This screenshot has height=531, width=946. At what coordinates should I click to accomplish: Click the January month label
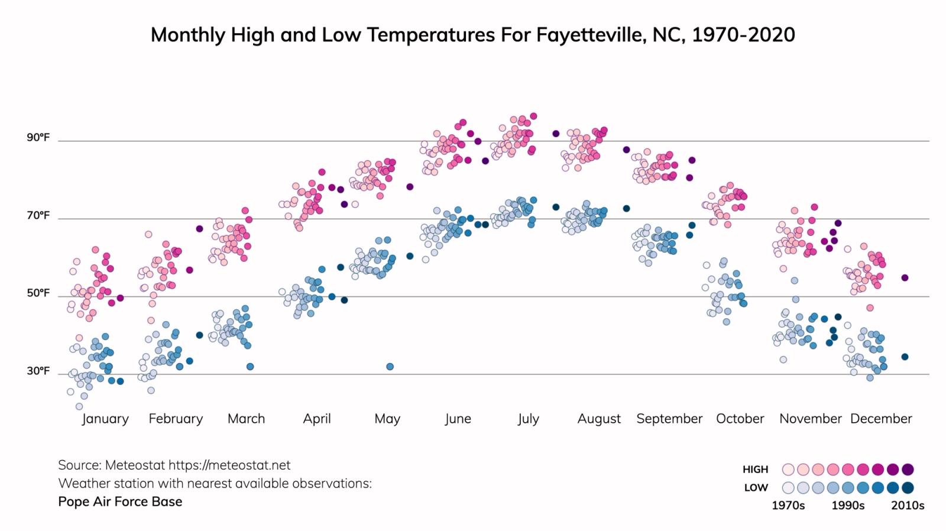pyautogui.click(x=105, y=419)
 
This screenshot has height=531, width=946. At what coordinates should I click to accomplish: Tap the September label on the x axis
pyautogui.click(x=669, y=419)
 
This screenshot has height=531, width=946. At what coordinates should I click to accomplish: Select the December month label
pyautogui.click(x=881, y=419)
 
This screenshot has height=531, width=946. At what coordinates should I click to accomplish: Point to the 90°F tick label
pyautogui.click(x=38, y=138)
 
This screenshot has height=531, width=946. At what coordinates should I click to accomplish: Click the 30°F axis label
pyautogui.click(x=38, y=371)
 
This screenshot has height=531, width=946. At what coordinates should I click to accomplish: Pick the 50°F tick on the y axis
pyautogui.click(x=38, y=294)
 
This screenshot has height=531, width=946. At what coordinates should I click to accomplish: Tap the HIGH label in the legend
pyautogui.click(x=755, y=470)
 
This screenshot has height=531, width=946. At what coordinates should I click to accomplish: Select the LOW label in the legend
pyautogui.click(x=756, y=488)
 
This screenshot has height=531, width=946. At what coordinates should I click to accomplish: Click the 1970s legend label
pyautogui.click(x=788, y=506)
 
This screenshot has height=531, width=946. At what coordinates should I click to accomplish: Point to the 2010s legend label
pyautogui.click(x=908, y=506)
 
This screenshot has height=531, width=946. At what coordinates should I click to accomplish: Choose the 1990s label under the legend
pyautogui.click(x=848, y=506)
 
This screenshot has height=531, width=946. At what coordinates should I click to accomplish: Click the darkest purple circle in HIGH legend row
pyautogui.click(x=908, y=470)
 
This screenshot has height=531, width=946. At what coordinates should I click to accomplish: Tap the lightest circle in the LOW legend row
pyautogui.click(x=788, y=488)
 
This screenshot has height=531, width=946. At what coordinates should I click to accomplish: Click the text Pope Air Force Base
pyautogui.click(x=120, y=502)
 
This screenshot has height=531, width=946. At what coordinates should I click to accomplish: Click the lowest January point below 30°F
pyautogui.click(x=79, y=406)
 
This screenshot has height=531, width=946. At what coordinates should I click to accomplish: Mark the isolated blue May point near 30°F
pyautogui.click(x=390, y=367)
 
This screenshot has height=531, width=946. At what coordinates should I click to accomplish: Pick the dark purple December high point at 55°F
pyautogui.click(x=905, y=278)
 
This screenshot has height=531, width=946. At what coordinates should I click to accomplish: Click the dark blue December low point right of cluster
pyautogui.click(x=905, y=357)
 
